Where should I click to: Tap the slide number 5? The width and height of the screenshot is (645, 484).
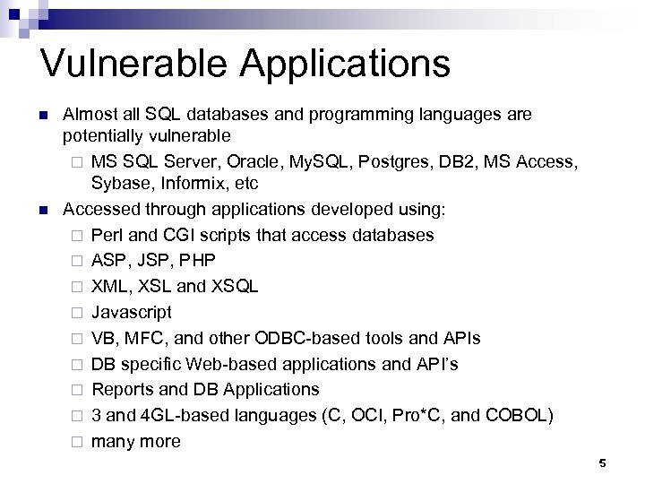coord(602,462)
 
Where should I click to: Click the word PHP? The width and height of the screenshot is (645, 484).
coord(196,261)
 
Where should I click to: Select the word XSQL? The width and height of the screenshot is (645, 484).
coord(235,287)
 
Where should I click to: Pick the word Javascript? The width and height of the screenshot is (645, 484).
coord(132,313)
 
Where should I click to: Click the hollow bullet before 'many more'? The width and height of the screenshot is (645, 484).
coord(78,442)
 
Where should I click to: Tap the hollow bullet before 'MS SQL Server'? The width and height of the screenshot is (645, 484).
coord(78,162)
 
